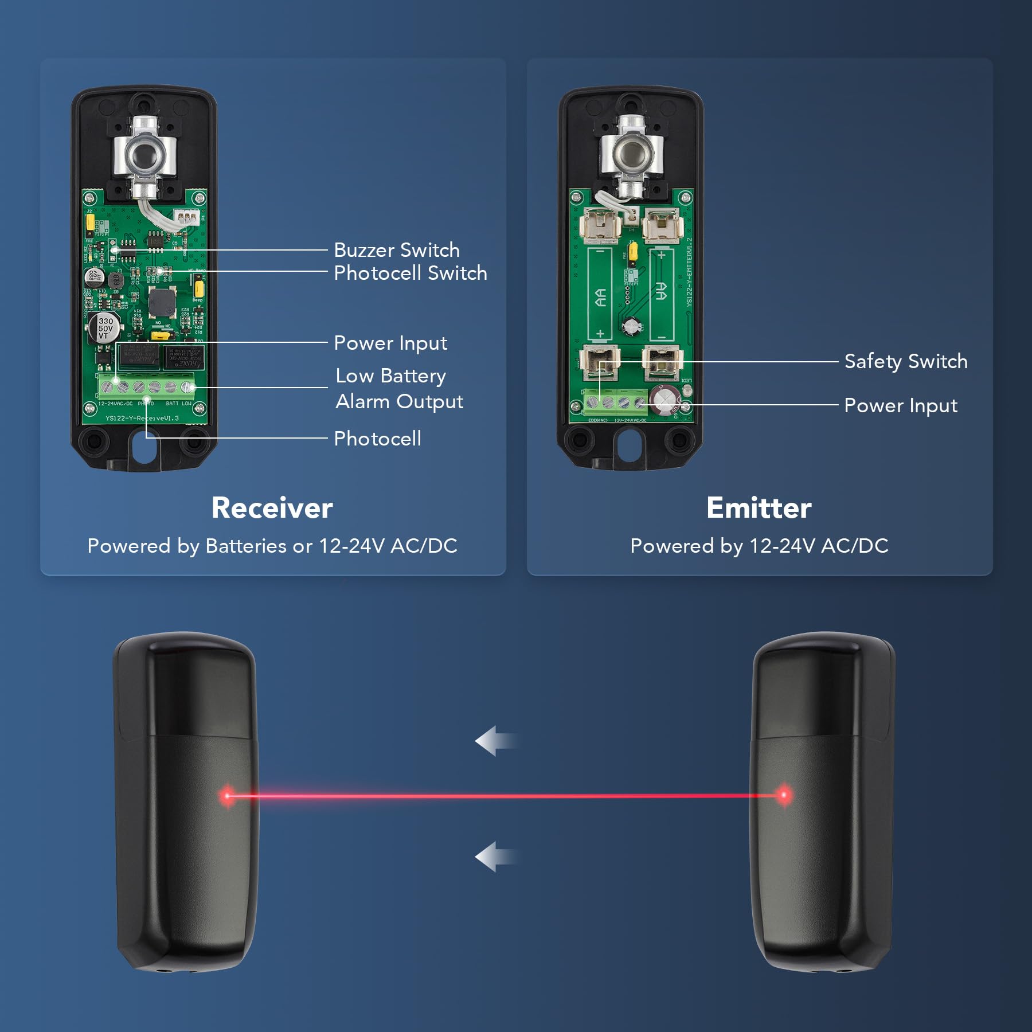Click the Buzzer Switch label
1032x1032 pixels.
pos(397,251)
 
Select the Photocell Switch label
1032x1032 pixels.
pos(411,273)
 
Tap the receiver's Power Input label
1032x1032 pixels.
pos(390,343)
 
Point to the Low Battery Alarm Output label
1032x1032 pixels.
pos(399,389)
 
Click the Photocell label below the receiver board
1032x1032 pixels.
pos(378,439)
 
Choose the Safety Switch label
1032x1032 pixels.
pos(906,362)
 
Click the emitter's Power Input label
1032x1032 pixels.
pos(901,406)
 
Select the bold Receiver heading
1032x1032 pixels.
pos(272,508)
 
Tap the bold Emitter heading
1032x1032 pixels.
pos(759,508)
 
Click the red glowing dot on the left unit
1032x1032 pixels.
pos(227,795)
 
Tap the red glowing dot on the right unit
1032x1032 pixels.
pos(784,795)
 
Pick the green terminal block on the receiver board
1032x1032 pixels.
pos(147,387)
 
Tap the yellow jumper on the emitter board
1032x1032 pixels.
pos(633,251)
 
